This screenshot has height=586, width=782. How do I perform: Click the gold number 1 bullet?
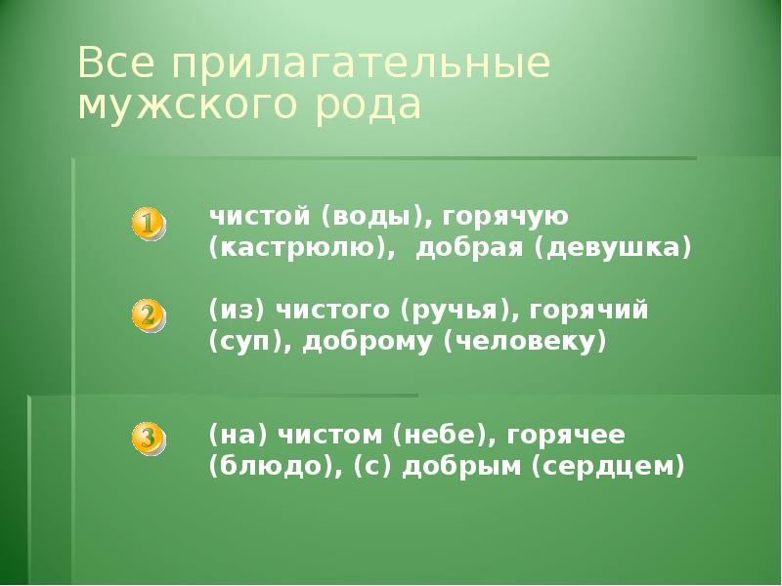click(x=147, y=224)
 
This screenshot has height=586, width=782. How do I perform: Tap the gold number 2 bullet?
click(x=147, y=315)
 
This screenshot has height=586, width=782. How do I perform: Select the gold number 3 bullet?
click(x=147, y=438)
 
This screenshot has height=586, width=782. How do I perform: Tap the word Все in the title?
click(x=115, y=65)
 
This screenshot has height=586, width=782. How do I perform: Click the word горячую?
click(x=508, y=214)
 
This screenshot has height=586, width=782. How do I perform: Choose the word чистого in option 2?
click(x=328, y=311)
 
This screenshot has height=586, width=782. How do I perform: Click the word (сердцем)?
click(x=606, y=466)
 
